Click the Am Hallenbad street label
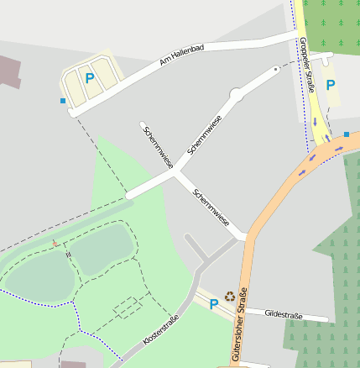181,57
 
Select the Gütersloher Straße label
237,326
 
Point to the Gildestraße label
283,314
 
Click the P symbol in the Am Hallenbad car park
90,78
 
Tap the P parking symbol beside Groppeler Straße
331,85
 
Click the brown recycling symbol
229,296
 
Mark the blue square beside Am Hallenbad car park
63,102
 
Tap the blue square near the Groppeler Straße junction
346,134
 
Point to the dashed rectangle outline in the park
128,308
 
